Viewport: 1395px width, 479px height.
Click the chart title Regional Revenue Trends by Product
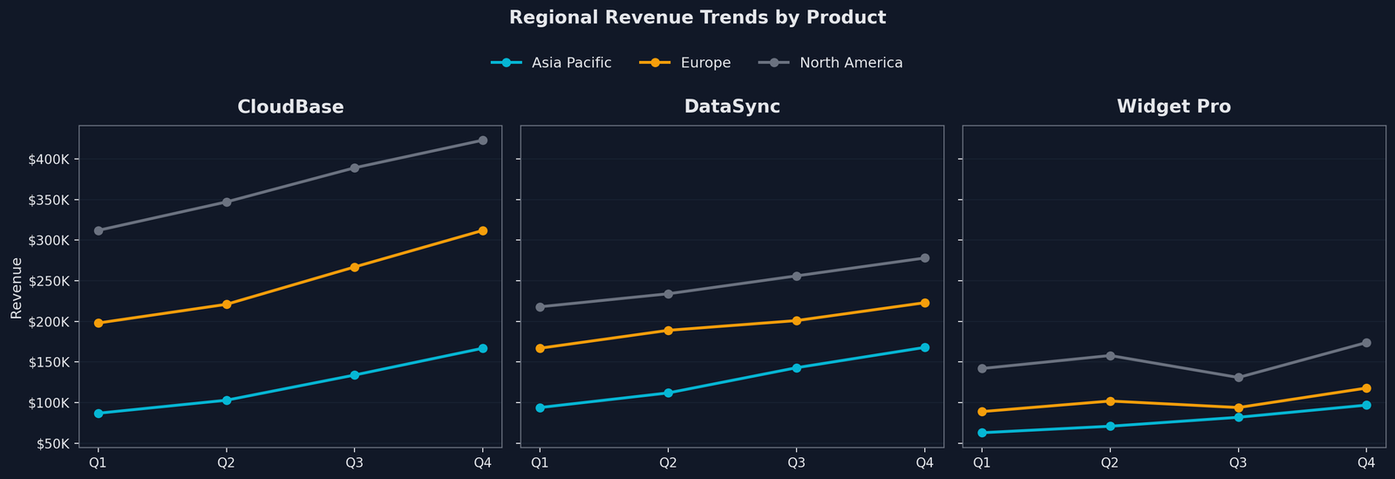(697, 17)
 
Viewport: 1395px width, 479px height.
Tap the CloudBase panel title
(290, 107)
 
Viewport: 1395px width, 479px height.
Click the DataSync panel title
(732, 107)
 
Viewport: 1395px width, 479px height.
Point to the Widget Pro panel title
(1174, 107)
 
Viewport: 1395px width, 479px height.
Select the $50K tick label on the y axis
(52, 443)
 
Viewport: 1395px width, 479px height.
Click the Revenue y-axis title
(17, 287)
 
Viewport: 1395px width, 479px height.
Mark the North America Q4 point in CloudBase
(483, 140)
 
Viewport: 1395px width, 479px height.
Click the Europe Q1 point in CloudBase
(99, 323)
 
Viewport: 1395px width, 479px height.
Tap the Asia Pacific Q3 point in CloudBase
(355, 375)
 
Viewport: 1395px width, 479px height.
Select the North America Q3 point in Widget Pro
(1238, 378)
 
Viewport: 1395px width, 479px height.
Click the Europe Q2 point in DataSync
(669, 331)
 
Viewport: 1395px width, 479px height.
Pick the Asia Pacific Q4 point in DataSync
(925, 347)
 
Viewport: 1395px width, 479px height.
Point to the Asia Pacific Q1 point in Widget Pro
(982, 433)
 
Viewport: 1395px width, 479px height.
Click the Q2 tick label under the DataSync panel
(668, 462)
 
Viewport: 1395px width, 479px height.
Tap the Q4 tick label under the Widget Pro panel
(1366, 462)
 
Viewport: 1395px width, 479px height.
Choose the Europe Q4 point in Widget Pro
(1366, 388)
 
